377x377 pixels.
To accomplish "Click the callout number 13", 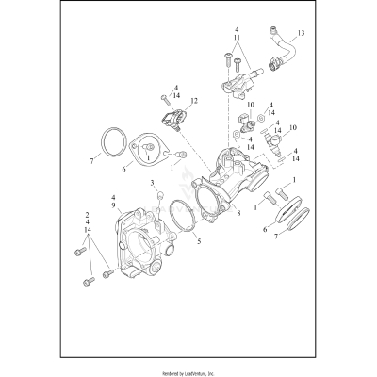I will [x=301, y=33].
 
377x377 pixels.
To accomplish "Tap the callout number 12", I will [x=193, y=100].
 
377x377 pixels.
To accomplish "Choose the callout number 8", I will [x=239, y=213].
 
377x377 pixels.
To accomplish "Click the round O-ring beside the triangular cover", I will [x=116, y=142].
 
